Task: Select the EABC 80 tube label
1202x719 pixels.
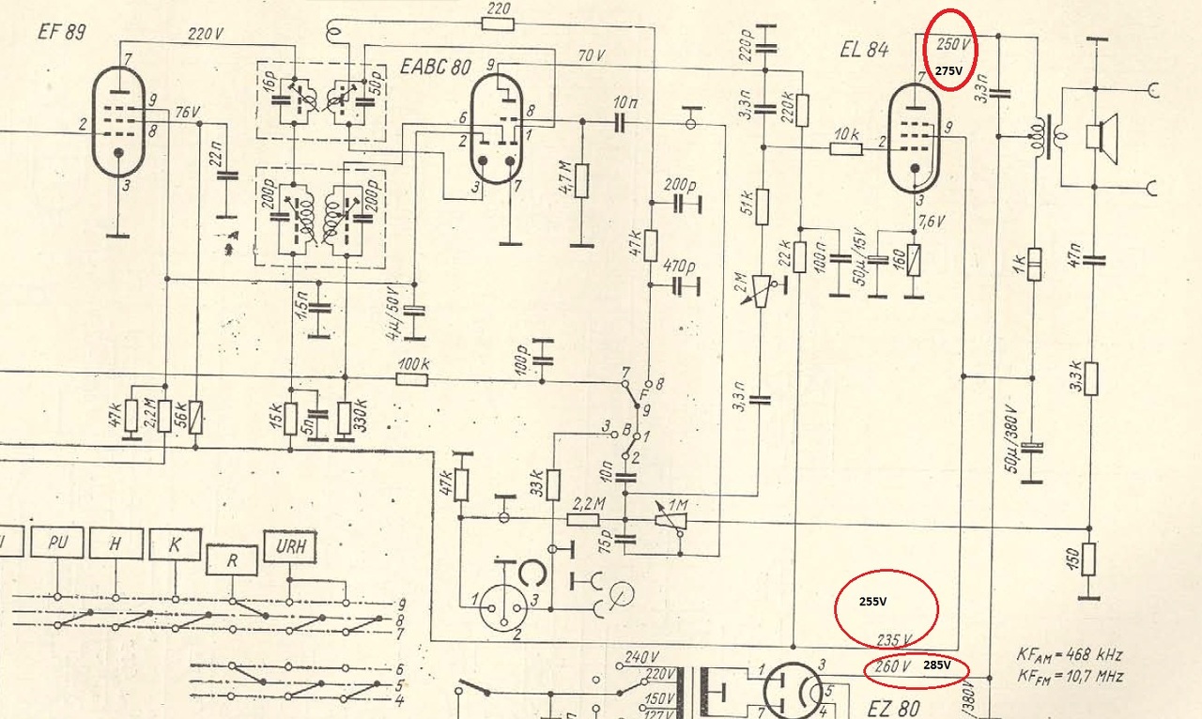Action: point(435,68)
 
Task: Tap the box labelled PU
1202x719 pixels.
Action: point(57,542)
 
